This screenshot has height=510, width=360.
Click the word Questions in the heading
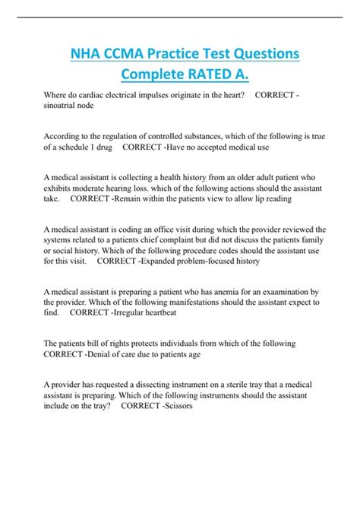coord(257,55)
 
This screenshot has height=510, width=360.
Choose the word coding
coord(134,228)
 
